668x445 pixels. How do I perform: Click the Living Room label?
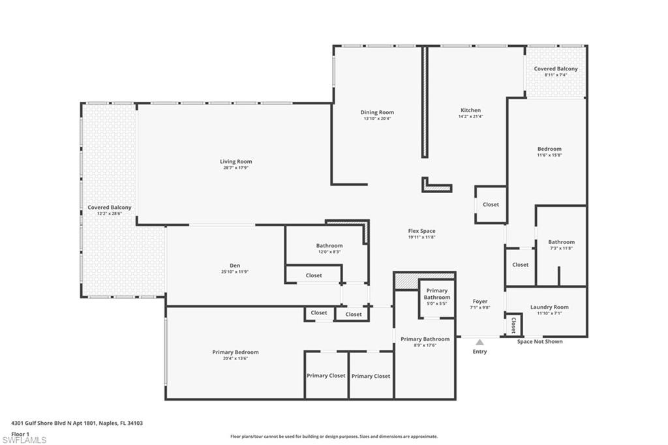[x=235, y=161]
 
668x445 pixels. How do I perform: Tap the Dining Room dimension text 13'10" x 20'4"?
[x=377, y=119]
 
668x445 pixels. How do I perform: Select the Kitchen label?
[x=470, y=110]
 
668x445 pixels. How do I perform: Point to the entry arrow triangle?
[x=479, y=342]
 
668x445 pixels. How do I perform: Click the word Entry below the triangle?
[x=479, y=352]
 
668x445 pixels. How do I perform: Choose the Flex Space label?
[x=421, y=231]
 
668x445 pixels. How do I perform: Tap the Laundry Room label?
[x=549, y=307]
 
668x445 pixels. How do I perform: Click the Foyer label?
[x=479, y=301]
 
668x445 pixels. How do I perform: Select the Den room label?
[x=235, y=266]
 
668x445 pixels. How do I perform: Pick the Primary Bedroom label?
[x=235, y=352]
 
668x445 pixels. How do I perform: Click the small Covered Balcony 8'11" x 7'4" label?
[x=556, y=69]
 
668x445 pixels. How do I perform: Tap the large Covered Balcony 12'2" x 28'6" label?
[x=110, y=207]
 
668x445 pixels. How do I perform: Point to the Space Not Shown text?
[x=539, y=341]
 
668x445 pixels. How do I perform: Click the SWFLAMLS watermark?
[x=25, y=440]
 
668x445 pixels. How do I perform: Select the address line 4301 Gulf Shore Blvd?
[x=77, y=423]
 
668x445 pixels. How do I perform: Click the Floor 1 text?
[x=21, y=434]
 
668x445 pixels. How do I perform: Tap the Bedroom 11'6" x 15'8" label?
[x=549, y=149]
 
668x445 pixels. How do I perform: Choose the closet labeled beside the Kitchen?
[x=491, y=204]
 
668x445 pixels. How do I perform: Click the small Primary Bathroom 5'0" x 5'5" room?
[x=436, y=294]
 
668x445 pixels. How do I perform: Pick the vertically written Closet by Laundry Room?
[x=513, y=324]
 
